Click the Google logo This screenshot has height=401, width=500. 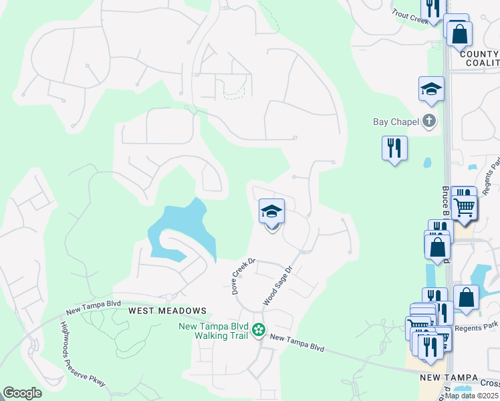tap(22, 393)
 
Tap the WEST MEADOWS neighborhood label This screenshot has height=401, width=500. tap(166, 311)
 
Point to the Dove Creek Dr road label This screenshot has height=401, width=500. tap(235, 277)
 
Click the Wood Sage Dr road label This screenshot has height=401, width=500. tap(278, 286)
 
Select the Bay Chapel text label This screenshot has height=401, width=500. tap(395, 122)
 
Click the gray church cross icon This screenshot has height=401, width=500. tap(429, 121)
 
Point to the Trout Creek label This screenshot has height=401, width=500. tap(410, 16)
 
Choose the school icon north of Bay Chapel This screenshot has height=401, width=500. tap(431, 88)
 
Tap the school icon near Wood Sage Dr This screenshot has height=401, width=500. tap(271, 212)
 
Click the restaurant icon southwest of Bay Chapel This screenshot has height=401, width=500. tap(394, 147)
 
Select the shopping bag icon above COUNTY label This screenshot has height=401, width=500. tap(459, 34)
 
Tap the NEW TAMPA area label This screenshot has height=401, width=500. tap(447, 378)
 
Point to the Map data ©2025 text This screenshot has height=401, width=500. tap(472, 396)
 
